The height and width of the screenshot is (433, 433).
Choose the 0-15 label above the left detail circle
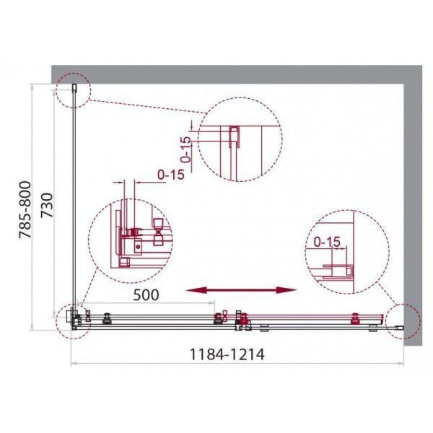[x=170, y=174]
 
